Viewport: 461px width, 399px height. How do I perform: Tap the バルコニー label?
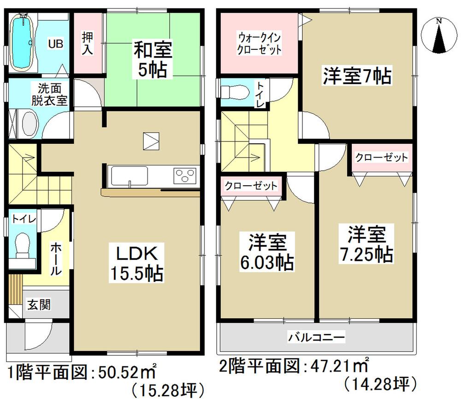click(316, 338)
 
